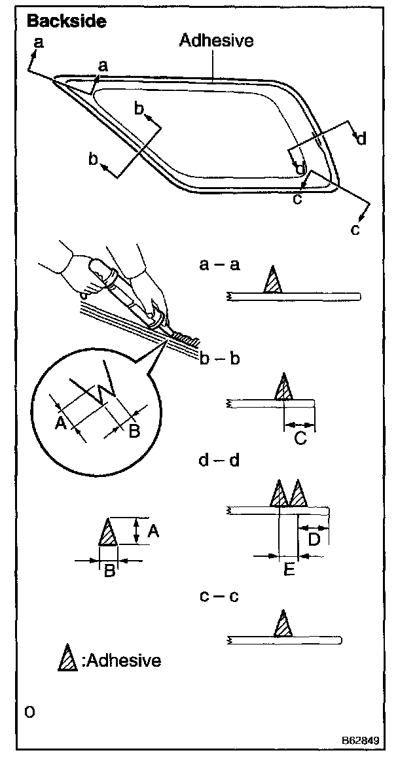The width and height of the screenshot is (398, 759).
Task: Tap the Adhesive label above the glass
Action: [x=216, y=41]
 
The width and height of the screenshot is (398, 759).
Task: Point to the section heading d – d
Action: [x=219, y=460]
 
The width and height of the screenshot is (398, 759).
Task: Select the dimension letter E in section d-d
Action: [x=289, y=569]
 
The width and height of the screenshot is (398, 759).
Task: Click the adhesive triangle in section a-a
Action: [x=273, y=282]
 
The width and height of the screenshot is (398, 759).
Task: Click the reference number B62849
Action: [x=359, y=740]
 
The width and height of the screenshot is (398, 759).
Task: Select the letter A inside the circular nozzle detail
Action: [x=61, y=423]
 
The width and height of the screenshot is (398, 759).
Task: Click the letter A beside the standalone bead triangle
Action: [x=153, y=532]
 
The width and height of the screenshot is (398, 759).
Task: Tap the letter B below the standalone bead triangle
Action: [x=110, y=571]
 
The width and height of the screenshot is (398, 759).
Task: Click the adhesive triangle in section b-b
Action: [x=283, y=389]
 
